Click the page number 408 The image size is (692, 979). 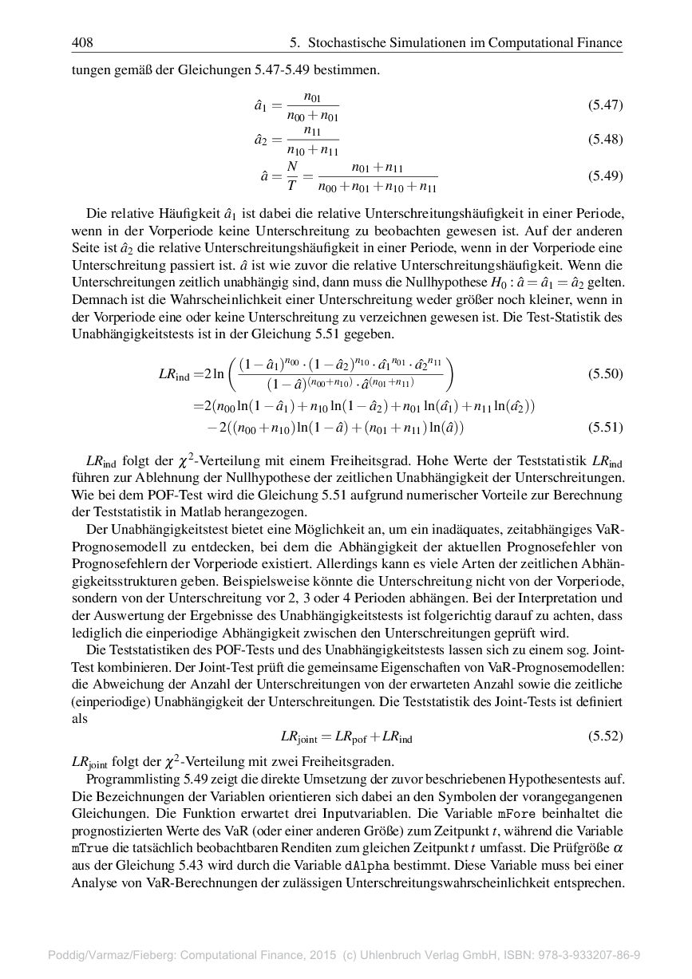[82, 42]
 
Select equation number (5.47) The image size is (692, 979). [605, 105]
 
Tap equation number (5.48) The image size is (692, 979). [605, 140]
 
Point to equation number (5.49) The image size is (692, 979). [605, 176]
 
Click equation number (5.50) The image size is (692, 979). [605, 373]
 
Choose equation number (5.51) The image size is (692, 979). [605, 427]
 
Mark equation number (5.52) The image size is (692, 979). [605, 736]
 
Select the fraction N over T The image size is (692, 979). [292, 176]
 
